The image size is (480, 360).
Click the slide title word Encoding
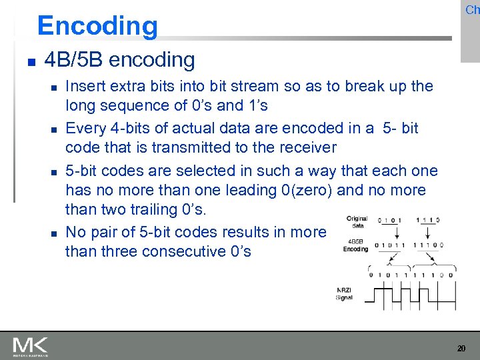[x=97, y=26]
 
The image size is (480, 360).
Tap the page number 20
[x=461, y=349]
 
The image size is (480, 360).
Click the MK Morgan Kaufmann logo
[x=30, y=346]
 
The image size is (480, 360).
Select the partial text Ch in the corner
[x=472, y=10]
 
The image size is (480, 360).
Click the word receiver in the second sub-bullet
[x=305, y=147]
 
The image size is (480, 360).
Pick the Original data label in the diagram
[x=357, y=222]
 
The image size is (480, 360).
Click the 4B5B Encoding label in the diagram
[x=355, y=245]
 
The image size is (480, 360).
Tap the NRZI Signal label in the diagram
[x=344, y=294]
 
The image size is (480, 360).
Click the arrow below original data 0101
[x=392, y=233]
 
